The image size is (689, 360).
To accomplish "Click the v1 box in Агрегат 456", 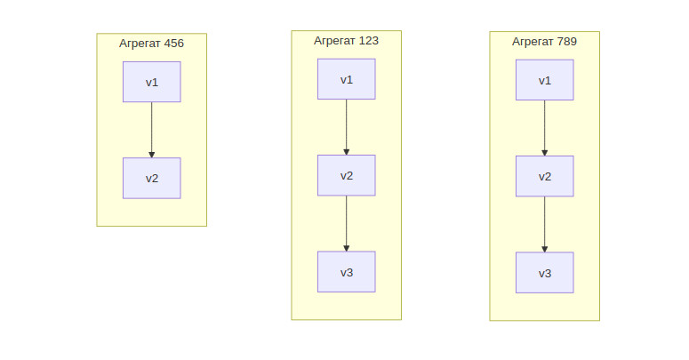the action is tap(152, 82).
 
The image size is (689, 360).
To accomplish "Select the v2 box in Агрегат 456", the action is tap(152, 178).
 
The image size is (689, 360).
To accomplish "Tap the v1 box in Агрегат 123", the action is tap(346, 79).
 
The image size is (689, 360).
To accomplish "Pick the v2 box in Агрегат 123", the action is tap(346, 175).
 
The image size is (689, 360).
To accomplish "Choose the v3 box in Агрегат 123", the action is tap(346, 272).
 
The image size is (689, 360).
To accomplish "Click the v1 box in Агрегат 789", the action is tap(544, 80).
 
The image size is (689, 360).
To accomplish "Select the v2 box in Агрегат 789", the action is tap(544, 176).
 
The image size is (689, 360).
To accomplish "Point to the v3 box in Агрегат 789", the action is tap(544, 273).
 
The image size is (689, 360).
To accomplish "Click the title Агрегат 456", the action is tap(152, 44).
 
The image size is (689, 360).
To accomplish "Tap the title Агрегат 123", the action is tap(346, 41).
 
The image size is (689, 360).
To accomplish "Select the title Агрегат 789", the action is tap(544, 42).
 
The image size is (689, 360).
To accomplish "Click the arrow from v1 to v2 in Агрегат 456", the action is tap(152, 130).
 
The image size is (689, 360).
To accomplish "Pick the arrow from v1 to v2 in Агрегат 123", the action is tap(346, 127).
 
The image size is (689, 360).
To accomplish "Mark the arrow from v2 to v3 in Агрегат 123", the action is tap(346, 223).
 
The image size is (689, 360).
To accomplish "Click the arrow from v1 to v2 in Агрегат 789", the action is tap(544, 128).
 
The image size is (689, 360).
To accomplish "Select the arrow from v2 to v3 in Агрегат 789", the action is tap(544, 224).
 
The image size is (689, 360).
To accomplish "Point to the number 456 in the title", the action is tap(173, 43).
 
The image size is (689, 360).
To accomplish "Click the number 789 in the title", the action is tap(566, 41).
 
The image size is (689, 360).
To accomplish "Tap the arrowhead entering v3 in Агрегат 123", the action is tap(346, 248).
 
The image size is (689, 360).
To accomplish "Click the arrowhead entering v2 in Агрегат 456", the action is tap(152, 155).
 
